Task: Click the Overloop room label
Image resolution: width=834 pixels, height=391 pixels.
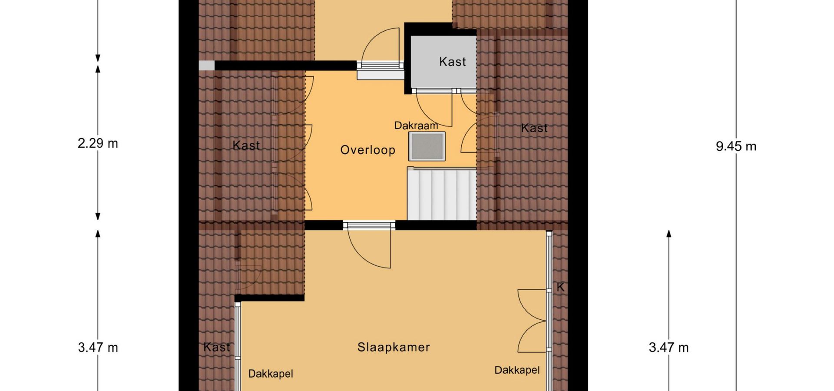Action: (367, 150)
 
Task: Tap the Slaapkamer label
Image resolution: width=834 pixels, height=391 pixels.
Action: (394, 347)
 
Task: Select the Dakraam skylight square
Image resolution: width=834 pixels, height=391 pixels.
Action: (427, 146)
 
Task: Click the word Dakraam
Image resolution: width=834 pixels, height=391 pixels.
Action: (416, 126)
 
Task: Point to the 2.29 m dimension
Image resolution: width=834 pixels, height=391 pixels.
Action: (98, 143)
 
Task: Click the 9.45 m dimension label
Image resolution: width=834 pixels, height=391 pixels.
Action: (736, 146)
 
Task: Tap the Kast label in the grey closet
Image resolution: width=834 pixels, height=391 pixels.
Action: (453, 62)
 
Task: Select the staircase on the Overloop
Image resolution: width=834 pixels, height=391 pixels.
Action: (442, 194)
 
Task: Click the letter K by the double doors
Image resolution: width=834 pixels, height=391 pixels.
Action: (560, 287)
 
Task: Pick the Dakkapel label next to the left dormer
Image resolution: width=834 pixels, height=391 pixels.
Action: (271, 374)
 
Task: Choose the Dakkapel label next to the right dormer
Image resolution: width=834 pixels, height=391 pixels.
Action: (517, 370)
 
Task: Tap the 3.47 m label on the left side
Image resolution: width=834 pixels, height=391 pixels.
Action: (98, 348)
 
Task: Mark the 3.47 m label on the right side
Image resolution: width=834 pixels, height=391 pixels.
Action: (669, 348)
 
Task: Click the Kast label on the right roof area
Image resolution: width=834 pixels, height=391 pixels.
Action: (534, 128)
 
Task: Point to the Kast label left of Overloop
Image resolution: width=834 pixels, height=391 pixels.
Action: (246, 146)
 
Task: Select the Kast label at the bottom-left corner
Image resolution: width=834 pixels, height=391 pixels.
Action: (216, 347)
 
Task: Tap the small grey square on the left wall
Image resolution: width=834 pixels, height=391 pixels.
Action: (207, 65)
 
